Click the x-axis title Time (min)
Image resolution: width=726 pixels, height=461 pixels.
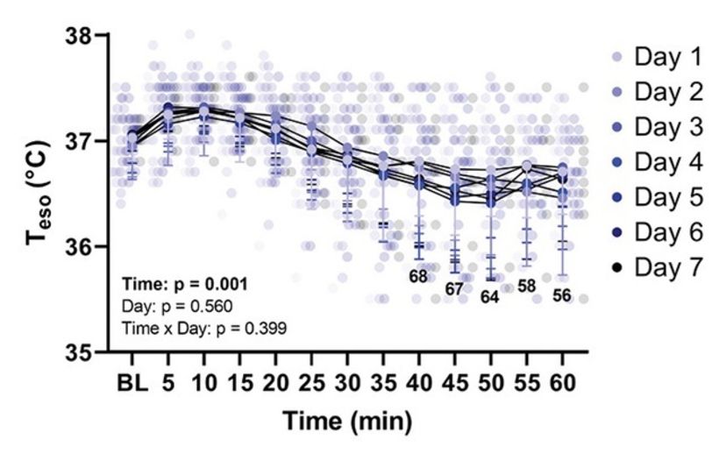tap(346, 422)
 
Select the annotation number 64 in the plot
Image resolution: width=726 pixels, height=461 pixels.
tap(489, 297)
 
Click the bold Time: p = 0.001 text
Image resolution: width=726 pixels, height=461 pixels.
tap(184, 285)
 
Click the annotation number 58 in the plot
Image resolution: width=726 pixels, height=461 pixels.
tap(526, 286)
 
